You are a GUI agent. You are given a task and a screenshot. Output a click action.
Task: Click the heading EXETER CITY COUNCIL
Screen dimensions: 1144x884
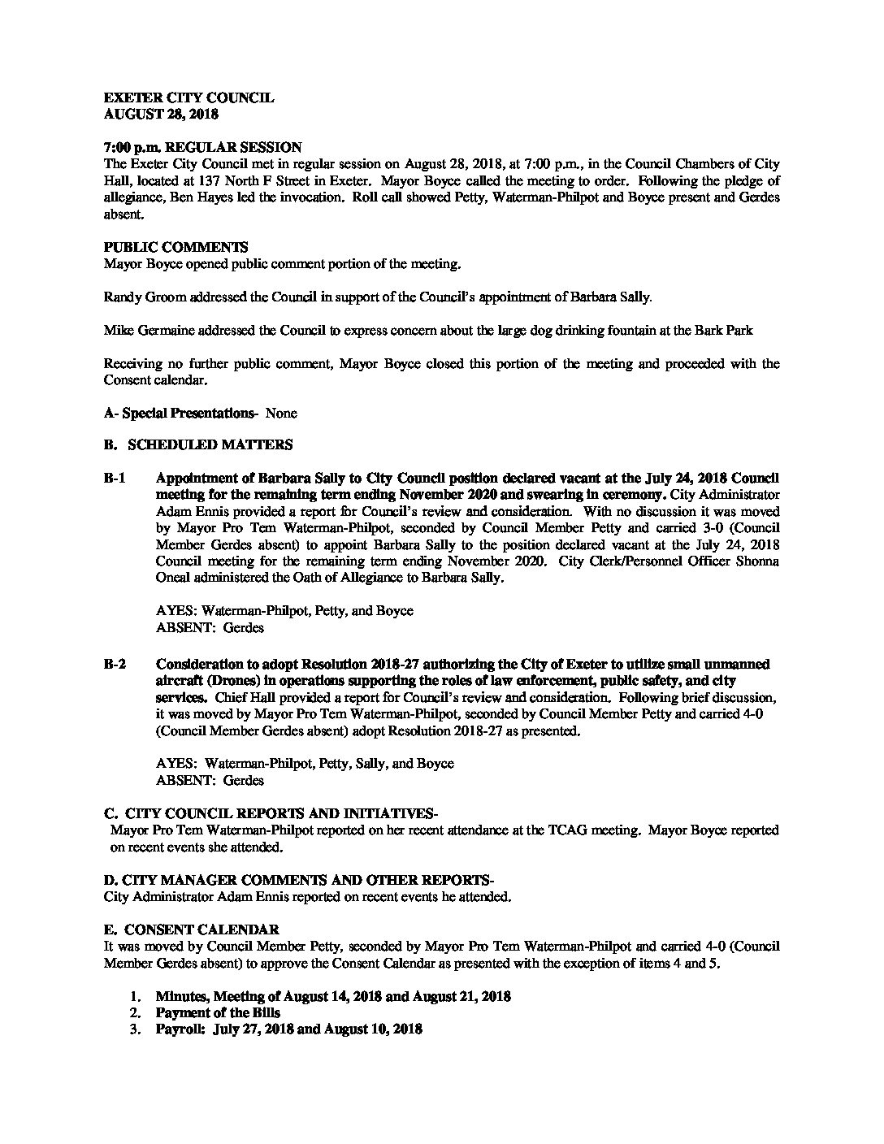tap(188, 98)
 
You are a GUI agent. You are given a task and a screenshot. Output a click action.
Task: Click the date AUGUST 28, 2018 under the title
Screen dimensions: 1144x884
tap(161, 115)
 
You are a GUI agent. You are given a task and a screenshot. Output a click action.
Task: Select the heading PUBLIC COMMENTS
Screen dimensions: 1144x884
tap(175, 247)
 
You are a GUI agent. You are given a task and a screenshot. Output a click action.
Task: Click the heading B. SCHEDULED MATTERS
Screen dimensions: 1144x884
tap(198, 445)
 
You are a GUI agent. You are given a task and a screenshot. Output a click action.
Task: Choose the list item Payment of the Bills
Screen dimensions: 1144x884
tap(218, 1012)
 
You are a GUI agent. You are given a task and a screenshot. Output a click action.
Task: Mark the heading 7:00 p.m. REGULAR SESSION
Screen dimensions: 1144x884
tap(203, 148)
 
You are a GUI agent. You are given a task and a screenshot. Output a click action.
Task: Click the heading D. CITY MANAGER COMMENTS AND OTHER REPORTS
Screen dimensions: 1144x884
tap(299, 880)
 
